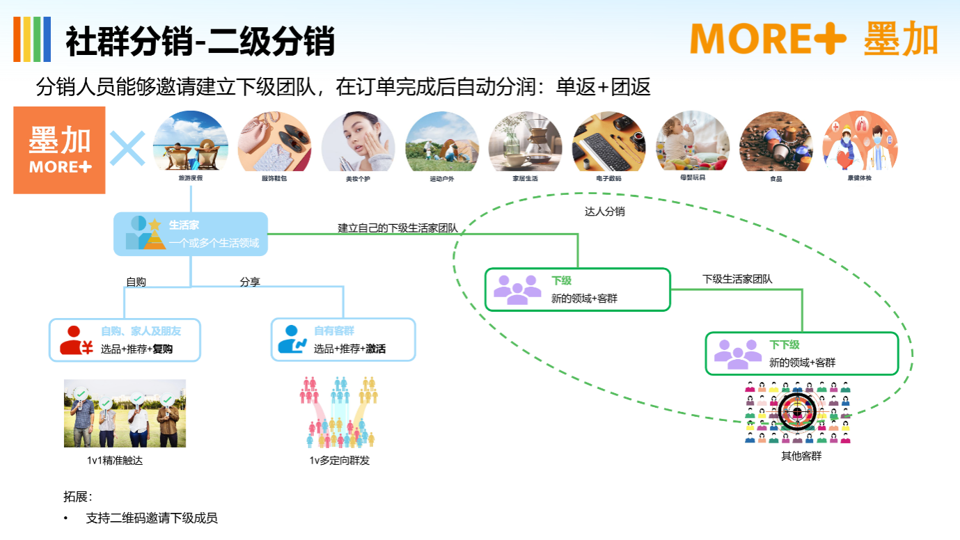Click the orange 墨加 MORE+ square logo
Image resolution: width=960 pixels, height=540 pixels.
tap(59, 150)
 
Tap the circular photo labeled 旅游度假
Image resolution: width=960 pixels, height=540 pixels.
tap(191, 142)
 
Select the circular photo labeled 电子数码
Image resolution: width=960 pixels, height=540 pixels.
tap(609, 142)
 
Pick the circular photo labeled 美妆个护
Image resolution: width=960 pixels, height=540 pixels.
tap(358, 142)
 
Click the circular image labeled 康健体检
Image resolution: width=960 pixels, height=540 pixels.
tap(860, 142)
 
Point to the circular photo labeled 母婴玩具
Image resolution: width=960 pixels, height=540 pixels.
tap(693, 142)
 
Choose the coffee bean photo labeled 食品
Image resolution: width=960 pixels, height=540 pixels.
tap(776, 142)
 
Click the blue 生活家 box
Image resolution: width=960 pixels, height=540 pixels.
tap(191, 234)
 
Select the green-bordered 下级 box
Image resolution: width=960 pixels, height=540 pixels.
tap(577, 289)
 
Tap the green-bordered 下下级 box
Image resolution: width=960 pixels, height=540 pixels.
tap(802, 354)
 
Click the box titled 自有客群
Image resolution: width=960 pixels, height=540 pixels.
tap(343, 340)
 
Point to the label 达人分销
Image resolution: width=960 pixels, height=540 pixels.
tap(604, 212)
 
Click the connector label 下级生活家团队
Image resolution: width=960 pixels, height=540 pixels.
tap(737, 279)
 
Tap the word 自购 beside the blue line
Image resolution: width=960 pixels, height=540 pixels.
tap(136, 283)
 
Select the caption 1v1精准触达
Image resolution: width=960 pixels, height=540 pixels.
tap(115, 461)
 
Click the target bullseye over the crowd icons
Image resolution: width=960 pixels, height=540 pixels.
tap(797, 413)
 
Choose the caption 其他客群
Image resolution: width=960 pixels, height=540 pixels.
tap(801, 456)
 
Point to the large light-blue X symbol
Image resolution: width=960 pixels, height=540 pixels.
tap(128, 148)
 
